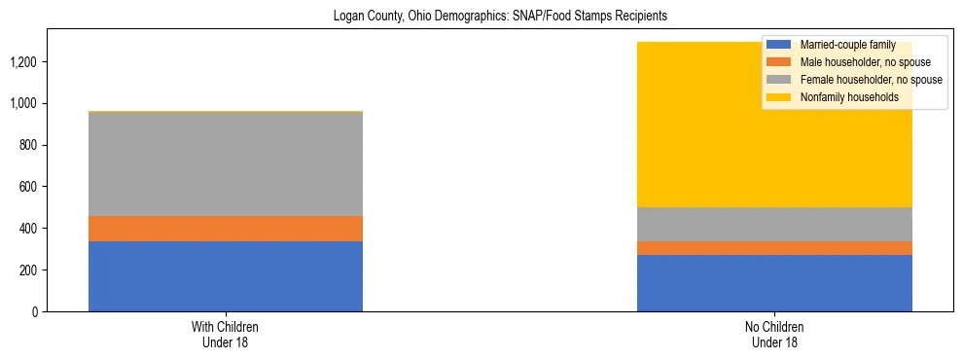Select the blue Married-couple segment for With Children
coord(226,276)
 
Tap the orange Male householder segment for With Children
coord(226,229)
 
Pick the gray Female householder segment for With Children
coord(226,163)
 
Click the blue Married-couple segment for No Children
coord(774,283)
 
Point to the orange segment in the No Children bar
coord(774,248)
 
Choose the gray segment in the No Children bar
coord(774,224)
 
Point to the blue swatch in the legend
coord(778,45)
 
